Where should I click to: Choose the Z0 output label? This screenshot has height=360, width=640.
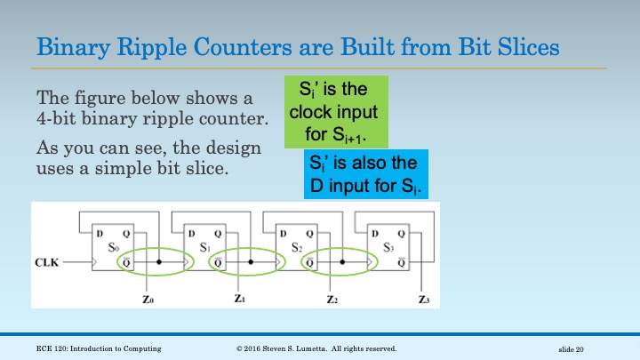point(148,300)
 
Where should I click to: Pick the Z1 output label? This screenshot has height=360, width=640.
point(240,300)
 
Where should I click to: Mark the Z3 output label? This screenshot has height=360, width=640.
point(424,300)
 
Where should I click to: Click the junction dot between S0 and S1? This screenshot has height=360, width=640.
point(160,262)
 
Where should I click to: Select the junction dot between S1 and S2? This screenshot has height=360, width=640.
point(252,262)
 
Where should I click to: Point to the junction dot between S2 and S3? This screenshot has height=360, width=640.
point(343,262)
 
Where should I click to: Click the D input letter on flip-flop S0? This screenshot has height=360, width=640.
point(100,234)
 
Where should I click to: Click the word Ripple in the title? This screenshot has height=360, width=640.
point(141,45)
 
